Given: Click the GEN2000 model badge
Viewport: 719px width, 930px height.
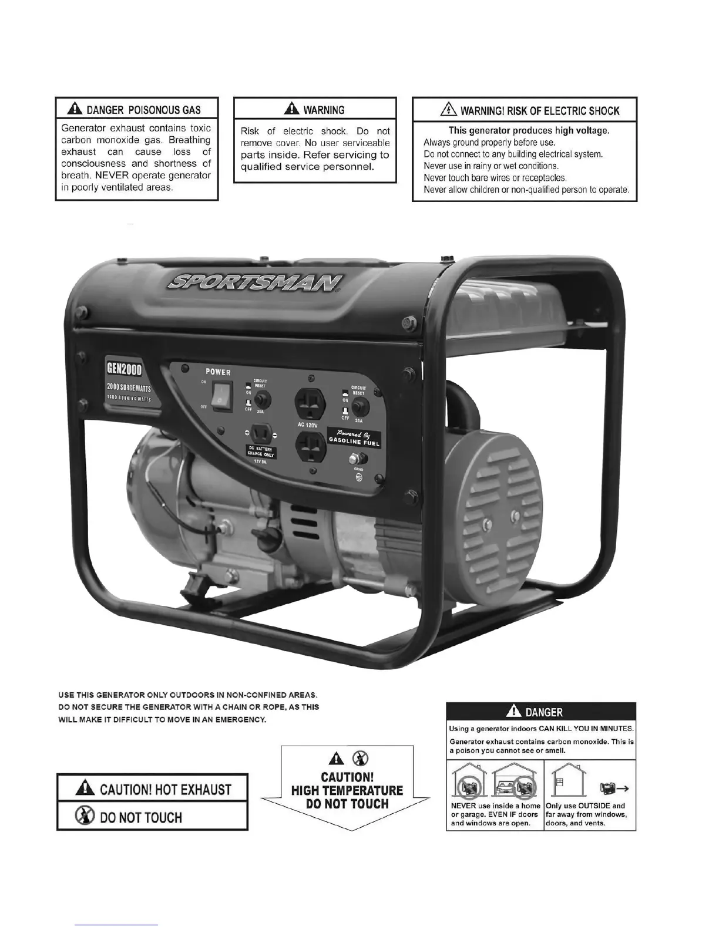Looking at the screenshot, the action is [124, 368].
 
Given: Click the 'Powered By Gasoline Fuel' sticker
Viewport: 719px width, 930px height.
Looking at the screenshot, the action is [354, 437].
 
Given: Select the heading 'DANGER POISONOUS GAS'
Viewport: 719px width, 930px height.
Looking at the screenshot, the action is [136, 110].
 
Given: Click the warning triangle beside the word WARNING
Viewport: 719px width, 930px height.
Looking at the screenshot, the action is [291, 109].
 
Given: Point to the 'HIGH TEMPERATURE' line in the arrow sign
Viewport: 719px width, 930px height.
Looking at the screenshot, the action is [347, 790].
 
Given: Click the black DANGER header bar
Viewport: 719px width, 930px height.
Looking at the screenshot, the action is [541, 712].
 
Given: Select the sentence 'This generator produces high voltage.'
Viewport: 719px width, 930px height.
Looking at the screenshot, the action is [529, 130].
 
